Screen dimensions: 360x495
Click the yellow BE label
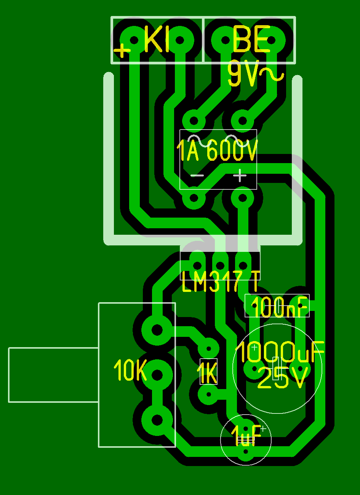click(x=251, y=39)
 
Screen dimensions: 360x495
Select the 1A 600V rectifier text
click(x=217, y=151)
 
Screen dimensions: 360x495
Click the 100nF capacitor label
click(x=279, y=307)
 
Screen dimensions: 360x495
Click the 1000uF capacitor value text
click(x=280, y=351)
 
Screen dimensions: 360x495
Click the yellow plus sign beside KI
click(x=122, y=50)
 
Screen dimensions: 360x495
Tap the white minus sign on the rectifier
click(x=197, y=176)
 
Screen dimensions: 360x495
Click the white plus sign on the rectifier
click(x=240, y=176)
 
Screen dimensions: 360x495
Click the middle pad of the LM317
click(x=220, y=265)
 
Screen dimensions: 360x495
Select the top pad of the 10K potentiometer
click(x=157, y=330)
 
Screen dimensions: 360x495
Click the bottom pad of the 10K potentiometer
click(x=157, y=420)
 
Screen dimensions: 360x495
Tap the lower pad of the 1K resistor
click(x=208, y=395)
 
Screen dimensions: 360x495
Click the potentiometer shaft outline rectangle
click(x=53, y=375)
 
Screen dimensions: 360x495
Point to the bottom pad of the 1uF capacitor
click(x=246, y=452)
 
